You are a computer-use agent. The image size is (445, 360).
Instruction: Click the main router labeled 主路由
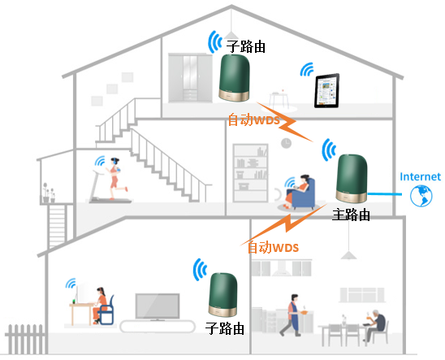pyautogui.click(x=352, y=178)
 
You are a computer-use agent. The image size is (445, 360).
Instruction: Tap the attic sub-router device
pyautogui.click(x=234, y=77)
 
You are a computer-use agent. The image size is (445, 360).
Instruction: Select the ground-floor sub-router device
pyautogui.click(x=222, y=294)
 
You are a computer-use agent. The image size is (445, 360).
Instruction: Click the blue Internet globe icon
pyautogui.click(x=421, y=196)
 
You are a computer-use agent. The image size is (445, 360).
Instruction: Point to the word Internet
pyautogui.click(x=420, y=176)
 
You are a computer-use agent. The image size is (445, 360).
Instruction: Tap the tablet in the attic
pyautogui.click(x=326, y=90)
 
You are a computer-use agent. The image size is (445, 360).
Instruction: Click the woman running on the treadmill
pyautogui.click(x=115, y=178)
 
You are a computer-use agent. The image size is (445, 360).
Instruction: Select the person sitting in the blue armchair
pyautogui.click(x=296, y=190)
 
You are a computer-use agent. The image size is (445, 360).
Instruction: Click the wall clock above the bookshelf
pyautogui.click(x=286, y=143)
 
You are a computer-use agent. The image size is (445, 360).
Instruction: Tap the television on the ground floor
pyautogui.click(x=158, y=306)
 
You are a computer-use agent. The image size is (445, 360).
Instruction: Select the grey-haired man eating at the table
pyautogui.click(x=374, y=325)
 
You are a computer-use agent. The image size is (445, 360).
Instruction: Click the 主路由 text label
pyautogui.click(x=351, y=215)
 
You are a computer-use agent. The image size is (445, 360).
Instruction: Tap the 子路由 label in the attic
pyautogui.click(x=246, y=46)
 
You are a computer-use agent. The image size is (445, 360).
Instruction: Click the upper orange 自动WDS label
pyautogui.click(x=253, y=119)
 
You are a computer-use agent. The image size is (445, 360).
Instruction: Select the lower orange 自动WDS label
pyautogui.click(x=274, y=247)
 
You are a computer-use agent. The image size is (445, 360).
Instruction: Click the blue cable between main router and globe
pyautogui.click(x=385, y=194)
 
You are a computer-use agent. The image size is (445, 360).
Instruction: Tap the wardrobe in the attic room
pyautogui.click(x=190, y=78)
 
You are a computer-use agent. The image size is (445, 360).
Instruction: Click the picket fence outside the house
pyautogui.click(x=25, y=339)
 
